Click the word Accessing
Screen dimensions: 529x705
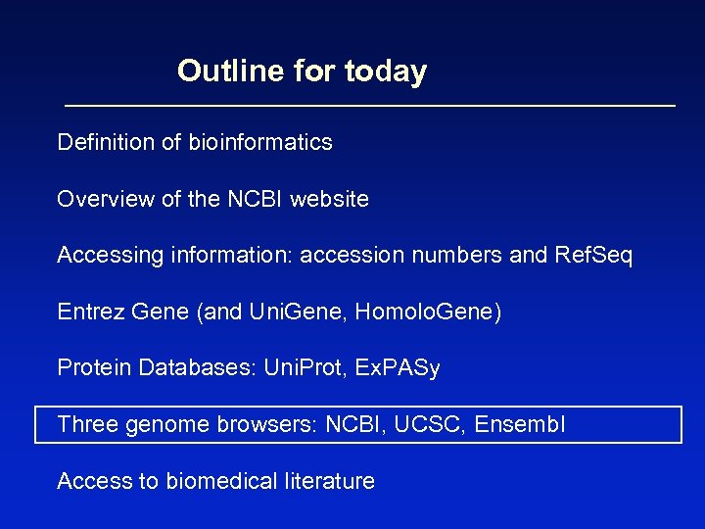coord(110,256)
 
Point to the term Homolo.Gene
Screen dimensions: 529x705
coord(428,313)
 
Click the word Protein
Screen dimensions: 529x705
coord(95,368)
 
